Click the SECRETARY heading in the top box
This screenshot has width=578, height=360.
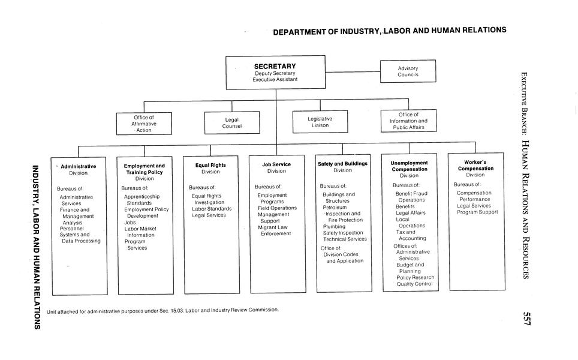pos(275,66)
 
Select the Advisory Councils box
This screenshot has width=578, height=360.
pos(408,71)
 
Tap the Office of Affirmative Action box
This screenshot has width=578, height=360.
pos(143,124)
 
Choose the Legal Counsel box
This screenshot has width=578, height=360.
pos(232,123)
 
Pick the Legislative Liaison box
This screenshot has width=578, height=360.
pos(320,122)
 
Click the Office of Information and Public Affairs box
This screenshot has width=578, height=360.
pos(408,121)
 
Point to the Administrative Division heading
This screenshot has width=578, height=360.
pos(79,166)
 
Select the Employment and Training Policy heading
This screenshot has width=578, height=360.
pos(144,169)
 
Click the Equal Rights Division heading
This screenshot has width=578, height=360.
pos(210,165)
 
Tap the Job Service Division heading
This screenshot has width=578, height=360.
pos(276,164)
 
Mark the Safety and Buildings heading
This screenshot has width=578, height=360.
pos(342,163)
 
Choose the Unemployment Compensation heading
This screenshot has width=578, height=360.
pos(409,166)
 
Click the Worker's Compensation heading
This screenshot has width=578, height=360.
pos(475,165)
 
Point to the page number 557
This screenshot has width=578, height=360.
pos(526,318)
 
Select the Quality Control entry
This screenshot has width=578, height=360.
pos(414,284)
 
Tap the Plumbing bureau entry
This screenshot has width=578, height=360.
pos(334,226)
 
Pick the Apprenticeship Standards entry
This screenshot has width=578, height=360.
pos(142,199)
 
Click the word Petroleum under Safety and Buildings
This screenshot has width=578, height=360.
pos(335,207)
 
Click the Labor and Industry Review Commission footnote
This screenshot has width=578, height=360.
pos(162,310)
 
